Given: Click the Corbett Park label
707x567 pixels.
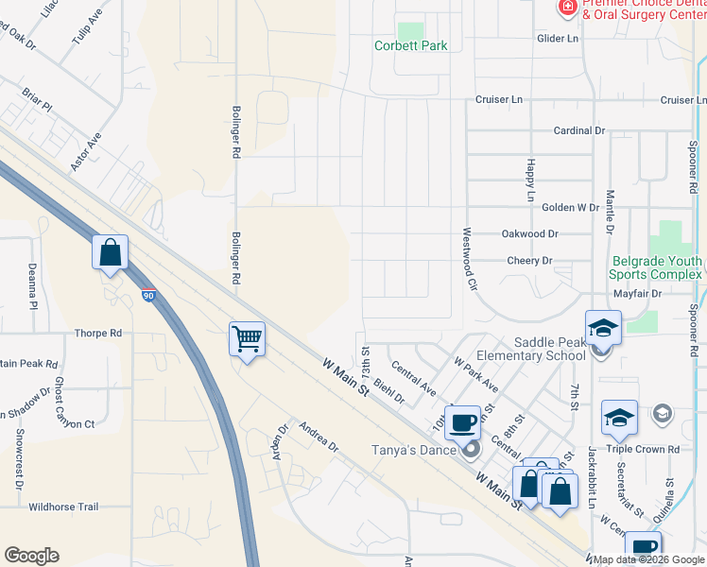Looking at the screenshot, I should [x=410, y=45].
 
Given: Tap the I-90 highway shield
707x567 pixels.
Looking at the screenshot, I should [x=149, y=296].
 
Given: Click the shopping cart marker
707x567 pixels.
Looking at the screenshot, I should [x=247, y=336].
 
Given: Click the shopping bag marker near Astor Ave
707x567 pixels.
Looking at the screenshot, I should [x=110, y=252].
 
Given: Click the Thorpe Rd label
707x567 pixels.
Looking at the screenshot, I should [x=98, y=334].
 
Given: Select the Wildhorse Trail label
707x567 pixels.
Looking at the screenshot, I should [x=63, y=507].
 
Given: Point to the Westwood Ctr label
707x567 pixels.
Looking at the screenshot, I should [x=467, y=250].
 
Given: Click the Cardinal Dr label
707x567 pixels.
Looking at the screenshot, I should [x=578, y=131].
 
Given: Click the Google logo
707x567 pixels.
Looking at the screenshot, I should [x=31, y=556].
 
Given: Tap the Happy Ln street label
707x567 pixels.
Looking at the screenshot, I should [x=530, y=180].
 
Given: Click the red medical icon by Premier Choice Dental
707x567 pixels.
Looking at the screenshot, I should [x=567, y=8].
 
